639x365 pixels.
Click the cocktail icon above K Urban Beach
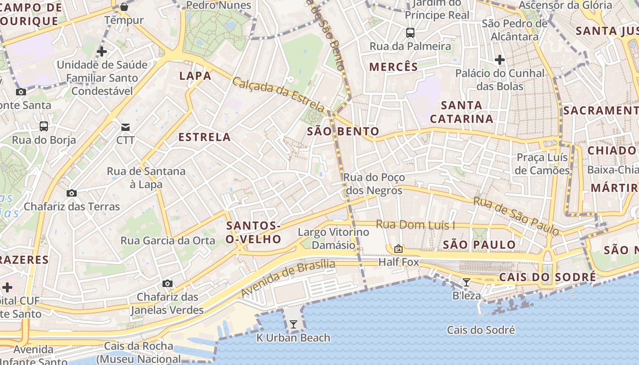point(293,324)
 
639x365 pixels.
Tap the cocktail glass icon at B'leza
point(466,282)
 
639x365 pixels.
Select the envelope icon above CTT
point(125,127)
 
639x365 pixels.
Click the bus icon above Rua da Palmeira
point(410,33)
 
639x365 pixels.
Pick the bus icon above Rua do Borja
point(44,126)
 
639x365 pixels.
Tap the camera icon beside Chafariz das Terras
point(72,193)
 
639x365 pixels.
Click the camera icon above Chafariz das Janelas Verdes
point(168,283)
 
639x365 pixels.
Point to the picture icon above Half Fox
point(398,249)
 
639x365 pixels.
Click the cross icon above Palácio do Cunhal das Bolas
point(500,60)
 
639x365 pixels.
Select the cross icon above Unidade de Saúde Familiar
point(102,52)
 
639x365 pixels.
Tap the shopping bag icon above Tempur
point(124,7)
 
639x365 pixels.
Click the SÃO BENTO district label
point(343,131)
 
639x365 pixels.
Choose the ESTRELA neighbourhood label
point(204,137)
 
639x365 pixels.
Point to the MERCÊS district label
point(393,67)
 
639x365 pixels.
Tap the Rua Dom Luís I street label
point(416,224)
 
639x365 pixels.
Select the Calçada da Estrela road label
point(278,94)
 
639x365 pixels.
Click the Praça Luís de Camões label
point(542,164)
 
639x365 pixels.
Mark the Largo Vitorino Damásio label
point(333,238)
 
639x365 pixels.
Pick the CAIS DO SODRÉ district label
point(547,277)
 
